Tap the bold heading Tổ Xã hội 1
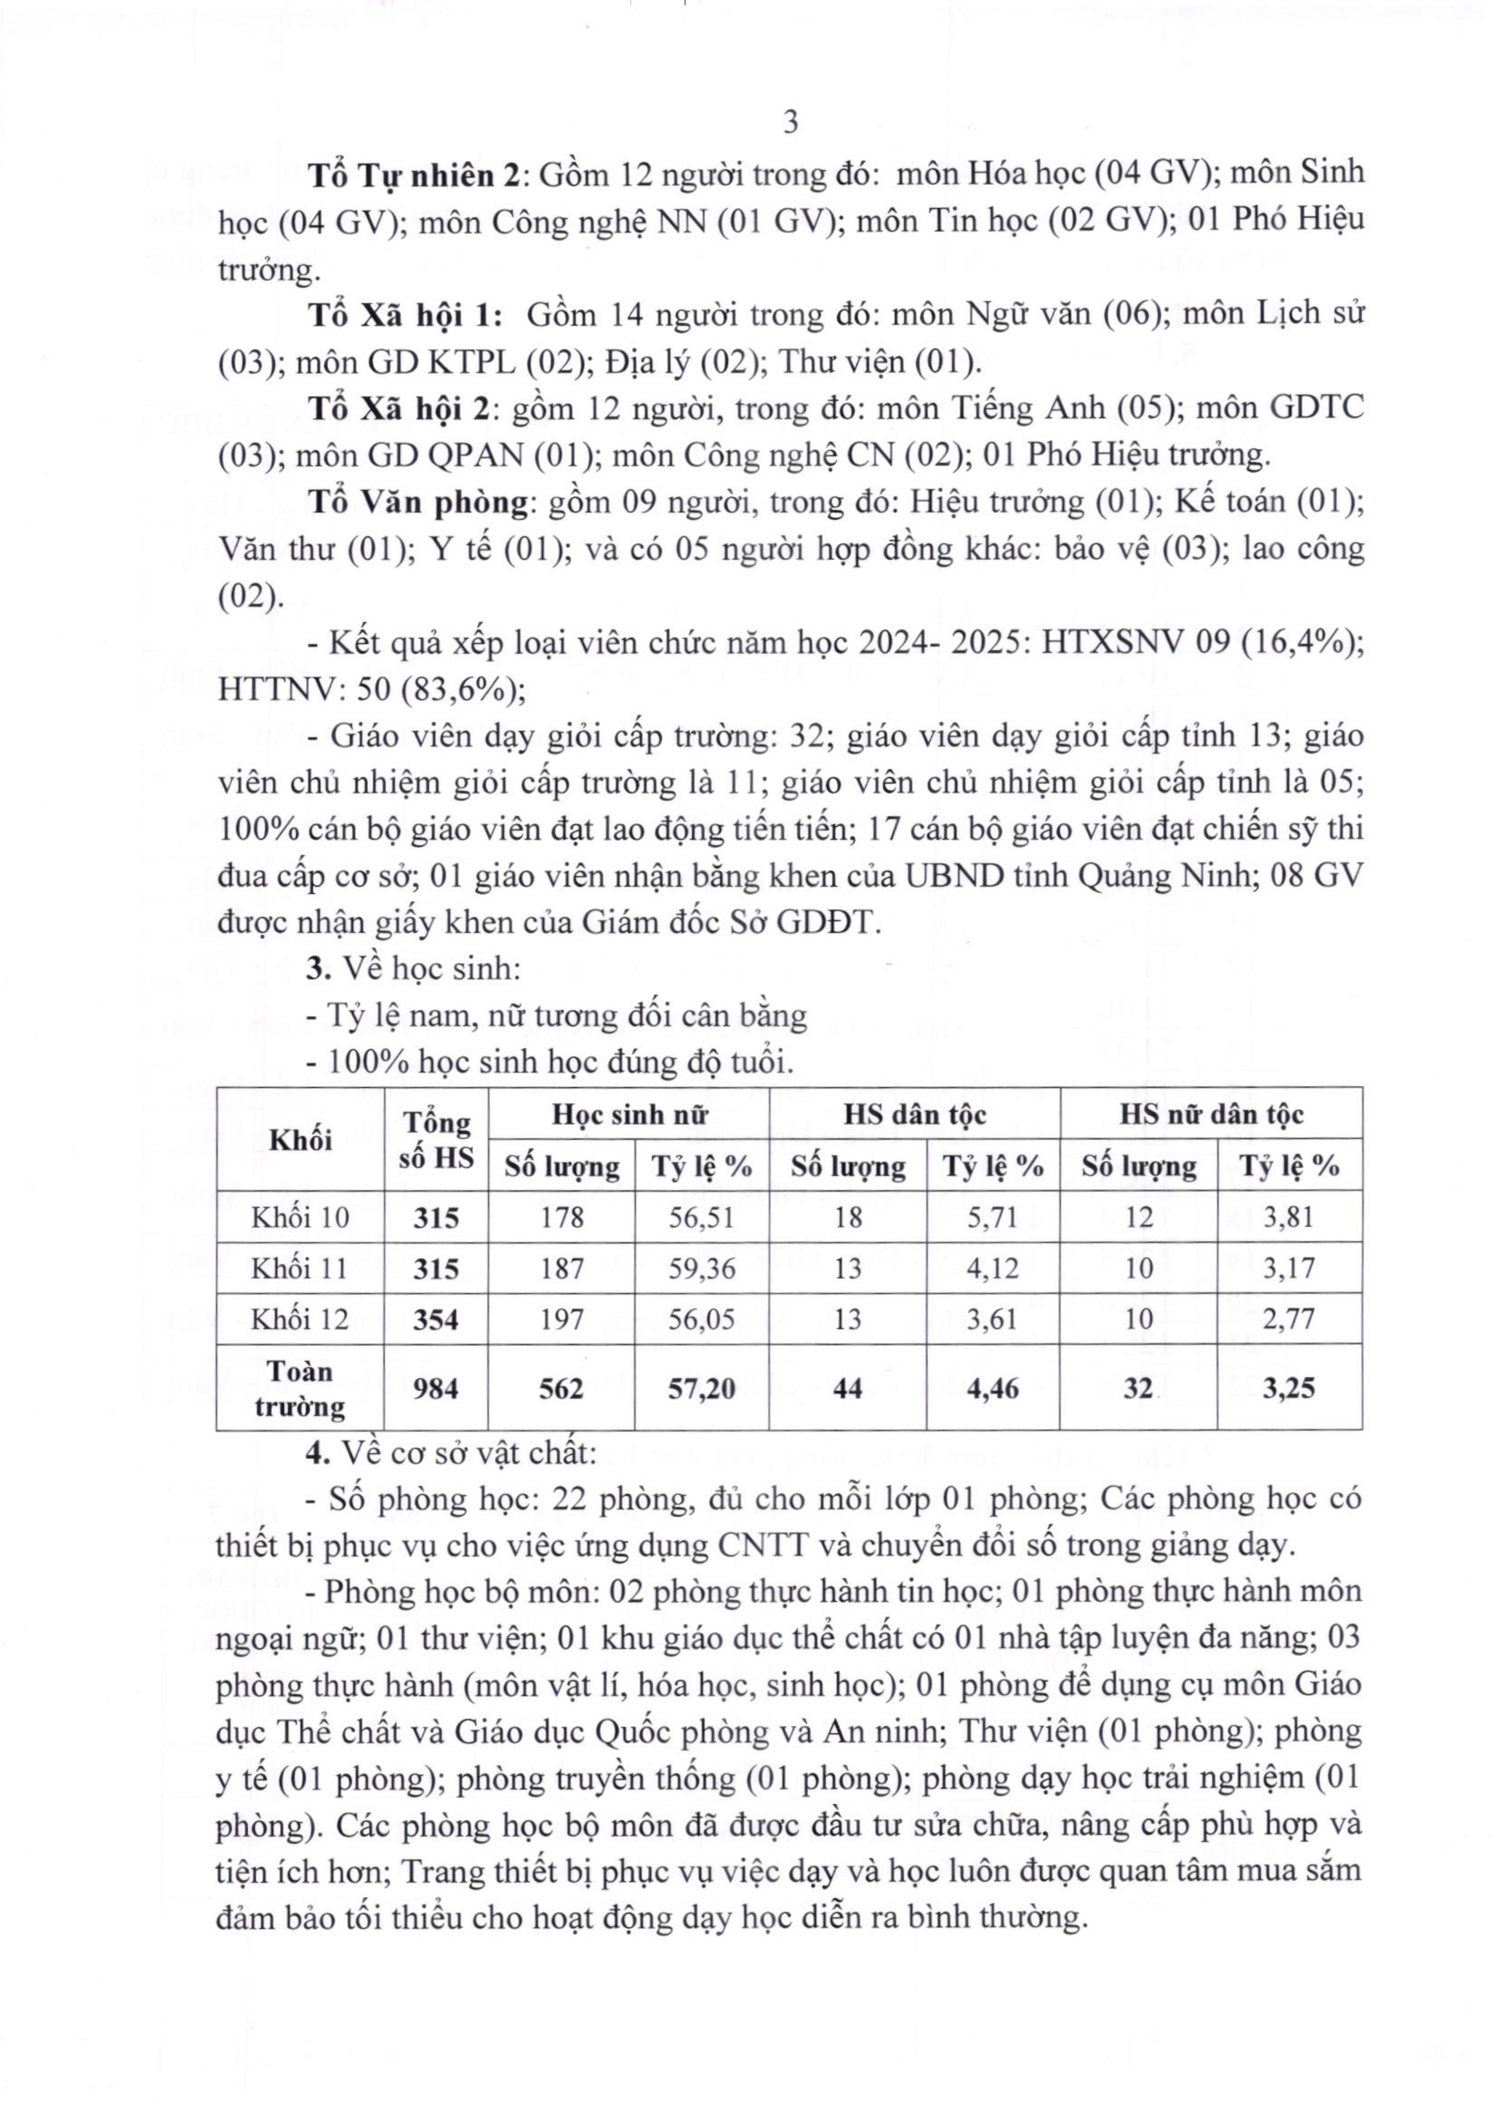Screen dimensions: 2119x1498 [x=404, y=315]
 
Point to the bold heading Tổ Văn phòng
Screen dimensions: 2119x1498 [x=416, y=502]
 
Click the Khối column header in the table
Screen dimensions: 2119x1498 [x=301, y=1140]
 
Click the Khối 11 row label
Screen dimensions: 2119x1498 [x=301, y=1268]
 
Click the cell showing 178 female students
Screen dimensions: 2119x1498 [x=562, y=1217]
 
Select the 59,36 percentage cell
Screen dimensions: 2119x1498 [x=701, y=1268]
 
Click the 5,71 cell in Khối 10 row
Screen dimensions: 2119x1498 [x=992, y=1217]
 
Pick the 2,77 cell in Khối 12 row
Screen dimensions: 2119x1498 [x=1288, y=1319]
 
